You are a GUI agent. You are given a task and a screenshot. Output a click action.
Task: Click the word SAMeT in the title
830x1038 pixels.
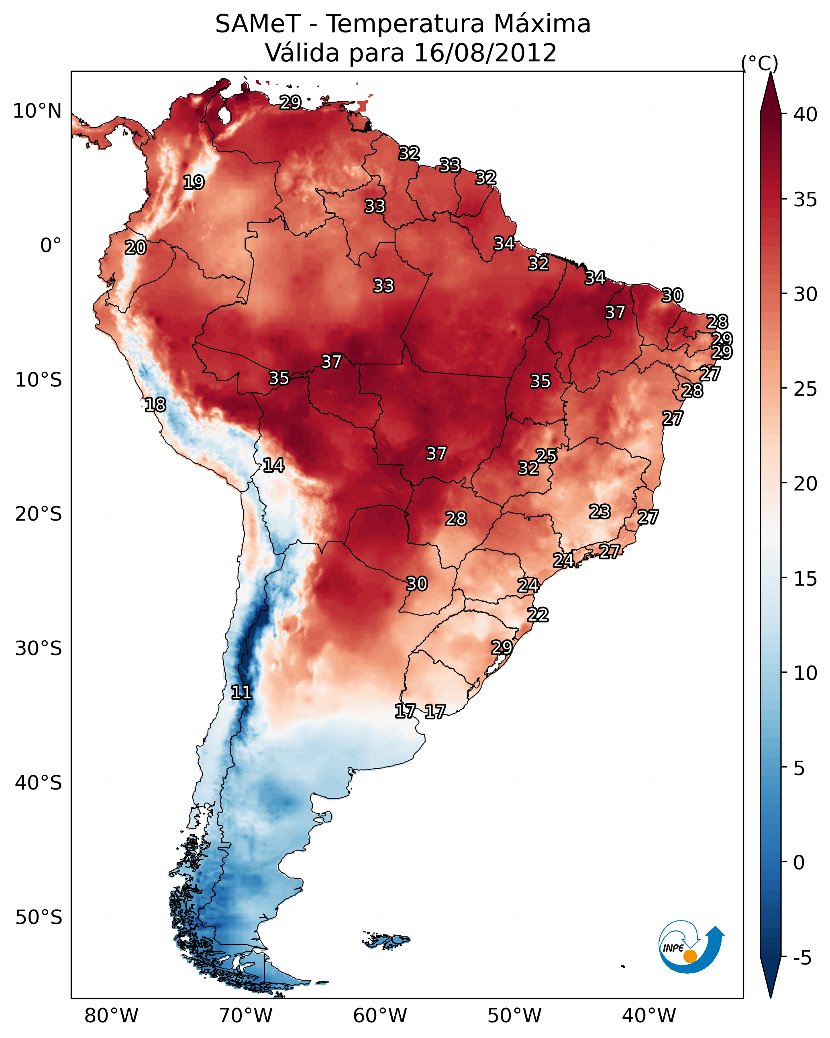tap(258, 24)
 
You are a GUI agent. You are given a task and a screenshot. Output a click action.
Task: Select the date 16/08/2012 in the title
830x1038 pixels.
tap(485, 53)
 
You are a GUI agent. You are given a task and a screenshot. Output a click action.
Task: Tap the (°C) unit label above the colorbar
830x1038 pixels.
tap(760, 63)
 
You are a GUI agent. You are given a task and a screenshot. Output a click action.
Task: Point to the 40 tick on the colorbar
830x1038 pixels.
tap(806, 114)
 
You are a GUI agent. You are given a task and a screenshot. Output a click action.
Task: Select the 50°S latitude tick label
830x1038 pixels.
tap(39, 917)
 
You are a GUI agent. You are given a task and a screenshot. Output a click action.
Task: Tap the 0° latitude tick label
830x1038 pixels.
tap(51, 246)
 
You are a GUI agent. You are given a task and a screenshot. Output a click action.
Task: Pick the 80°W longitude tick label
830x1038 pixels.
tap(111, 1016)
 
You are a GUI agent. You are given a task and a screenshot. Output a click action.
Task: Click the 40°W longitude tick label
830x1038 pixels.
tap(649, 1016)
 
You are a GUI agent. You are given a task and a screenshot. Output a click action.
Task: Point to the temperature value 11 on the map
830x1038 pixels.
tap(241, 692)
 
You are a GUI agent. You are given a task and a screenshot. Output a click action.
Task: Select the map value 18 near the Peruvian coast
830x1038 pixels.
tap(155, 405)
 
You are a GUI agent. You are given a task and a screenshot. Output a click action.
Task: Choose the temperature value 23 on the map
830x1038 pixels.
tap(600, 512)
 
